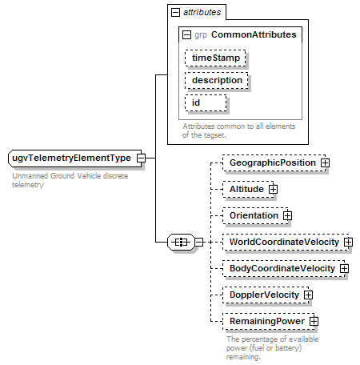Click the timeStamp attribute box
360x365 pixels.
[215, 58]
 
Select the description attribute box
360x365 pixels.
[217, 80]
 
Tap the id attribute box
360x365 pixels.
[206, 102]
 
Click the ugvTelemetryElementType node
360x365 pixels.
[75, 158]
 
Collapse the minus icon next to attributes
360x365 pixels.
[175, 12]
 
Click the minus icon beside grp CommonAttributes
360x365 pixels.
[186, 34]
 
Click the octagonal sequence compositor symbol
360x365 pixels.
[181, 242]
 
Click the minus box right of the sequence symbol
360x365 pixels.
[199, 242]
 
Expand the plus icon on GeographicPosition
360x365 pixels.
[325, 162]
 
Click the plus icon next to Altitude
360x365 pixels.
[273, 189]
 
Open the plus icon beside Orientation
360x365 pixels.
[287, 215]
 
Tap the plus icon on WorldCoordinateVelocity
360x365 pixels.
[348, 242]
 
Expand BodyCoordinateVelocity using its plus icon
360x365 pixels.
[344, 268]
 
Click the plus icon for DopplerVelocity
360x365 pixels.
[308, 295]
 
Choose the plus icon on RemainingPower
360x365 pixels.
[314, 321]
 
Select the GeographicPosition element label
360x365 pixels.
[273, 162]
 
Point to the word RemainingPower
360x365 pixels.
[267, 321]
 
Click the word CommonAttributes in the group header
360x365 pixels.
[254, 34]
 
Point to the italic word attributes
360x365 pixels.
[202, 12]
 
